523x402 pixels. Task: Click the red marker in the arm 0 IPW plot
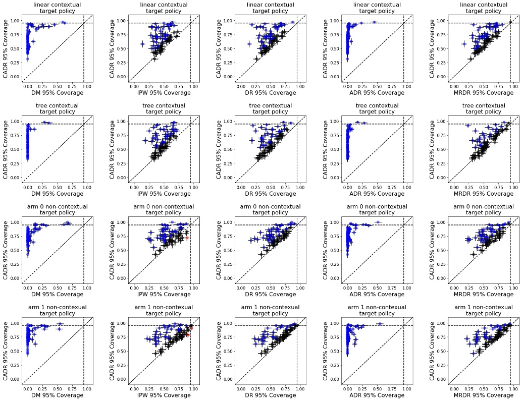tap(186, 238)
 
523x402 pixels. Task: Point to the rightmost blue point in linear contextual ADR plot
tap(374, 22)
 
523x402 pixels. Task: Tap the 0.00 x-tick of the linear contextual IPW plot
tap(134, 86)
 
